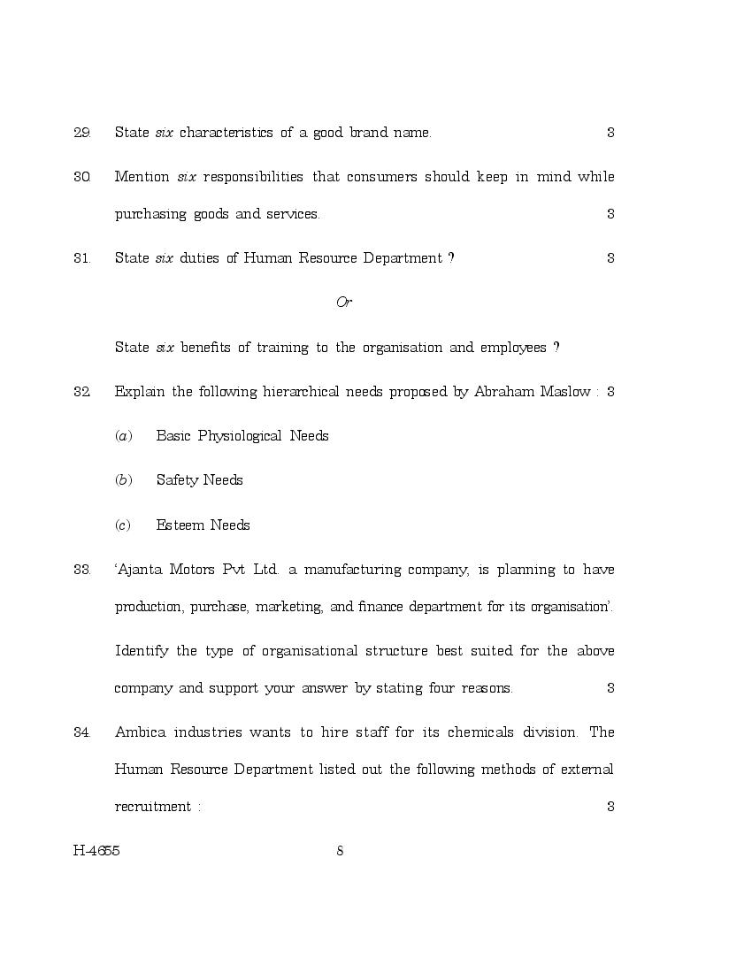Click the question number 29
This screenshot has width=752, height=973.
(x=81, y=133)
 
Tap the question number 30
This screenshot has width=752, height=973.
(x=81, y=177)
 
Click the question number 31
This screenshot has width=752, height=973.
(x=81, y=258)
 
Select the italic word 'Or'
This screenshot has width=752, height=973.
(x=344, y=303)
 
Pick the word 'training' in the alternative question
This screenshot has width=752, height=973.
(x=282, y=348)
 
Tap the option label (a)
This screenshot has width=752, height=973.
(x=124, y=436)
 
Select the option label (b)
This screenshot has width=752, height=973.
(x=124, y=480)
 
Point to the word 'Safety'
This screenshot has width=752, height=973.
(x=176, y=480)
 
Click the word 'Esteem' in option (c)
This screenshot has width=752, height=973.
(x=179, y=525)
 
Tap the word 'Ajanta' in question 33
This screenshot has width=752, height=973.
(x=139, y=570)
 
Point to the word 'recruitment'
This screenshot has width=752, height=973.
(x=152, y=807)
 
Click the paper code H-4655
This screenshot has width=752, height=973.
(x=96, y=851)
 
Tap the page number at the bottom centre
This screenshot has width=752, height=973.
(x=340, y=851)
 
